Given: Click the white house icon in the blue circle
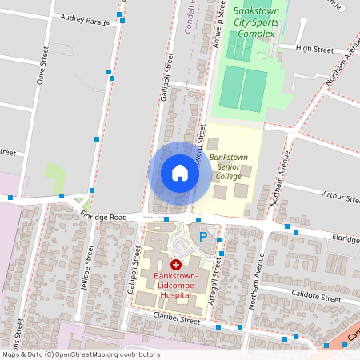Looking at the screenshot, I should click(179, 172).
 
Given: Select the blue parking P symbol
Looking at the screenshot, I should click(203, 237).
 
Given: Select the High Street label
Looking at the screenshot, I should click(314, 49).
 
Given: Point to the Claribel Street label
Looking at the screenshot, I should click(175, 318).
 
